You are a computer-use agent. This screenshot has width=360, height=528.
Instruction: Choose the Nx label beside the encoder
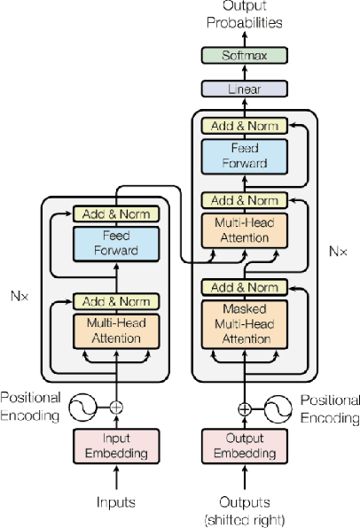20,295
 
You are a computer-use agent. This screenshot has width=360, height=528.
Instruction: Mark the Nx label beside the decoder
338,251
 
